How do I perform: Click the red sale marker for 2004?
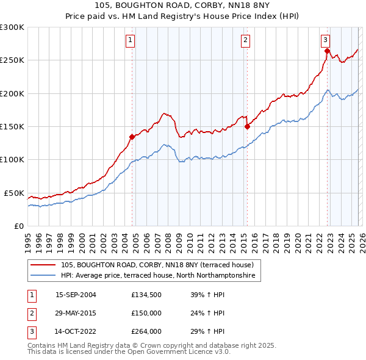coord(132,137)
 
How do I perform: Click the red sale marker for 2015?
coord(247,126)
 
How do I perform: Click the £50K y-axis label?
coord(14,193)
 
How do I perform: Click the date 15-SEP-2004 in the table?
coord(76,295)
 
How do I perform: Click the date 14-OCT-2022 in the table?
coord(76,333)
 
